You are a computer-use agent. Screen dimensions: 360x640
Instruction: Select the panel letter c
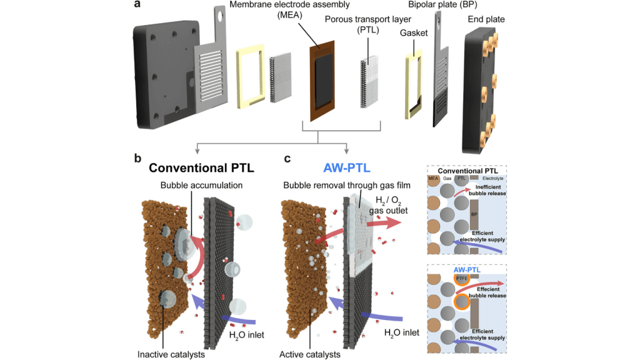(x=287, y=159)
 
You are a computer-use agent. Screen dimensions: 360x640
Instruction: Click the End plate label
(x=486, y=19)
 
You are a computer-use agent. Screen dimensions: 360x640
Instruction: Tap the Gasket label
(x=413, y=32)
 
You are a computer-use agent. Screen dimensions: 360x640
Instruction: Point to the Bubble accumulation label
(x=198, y=186)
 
